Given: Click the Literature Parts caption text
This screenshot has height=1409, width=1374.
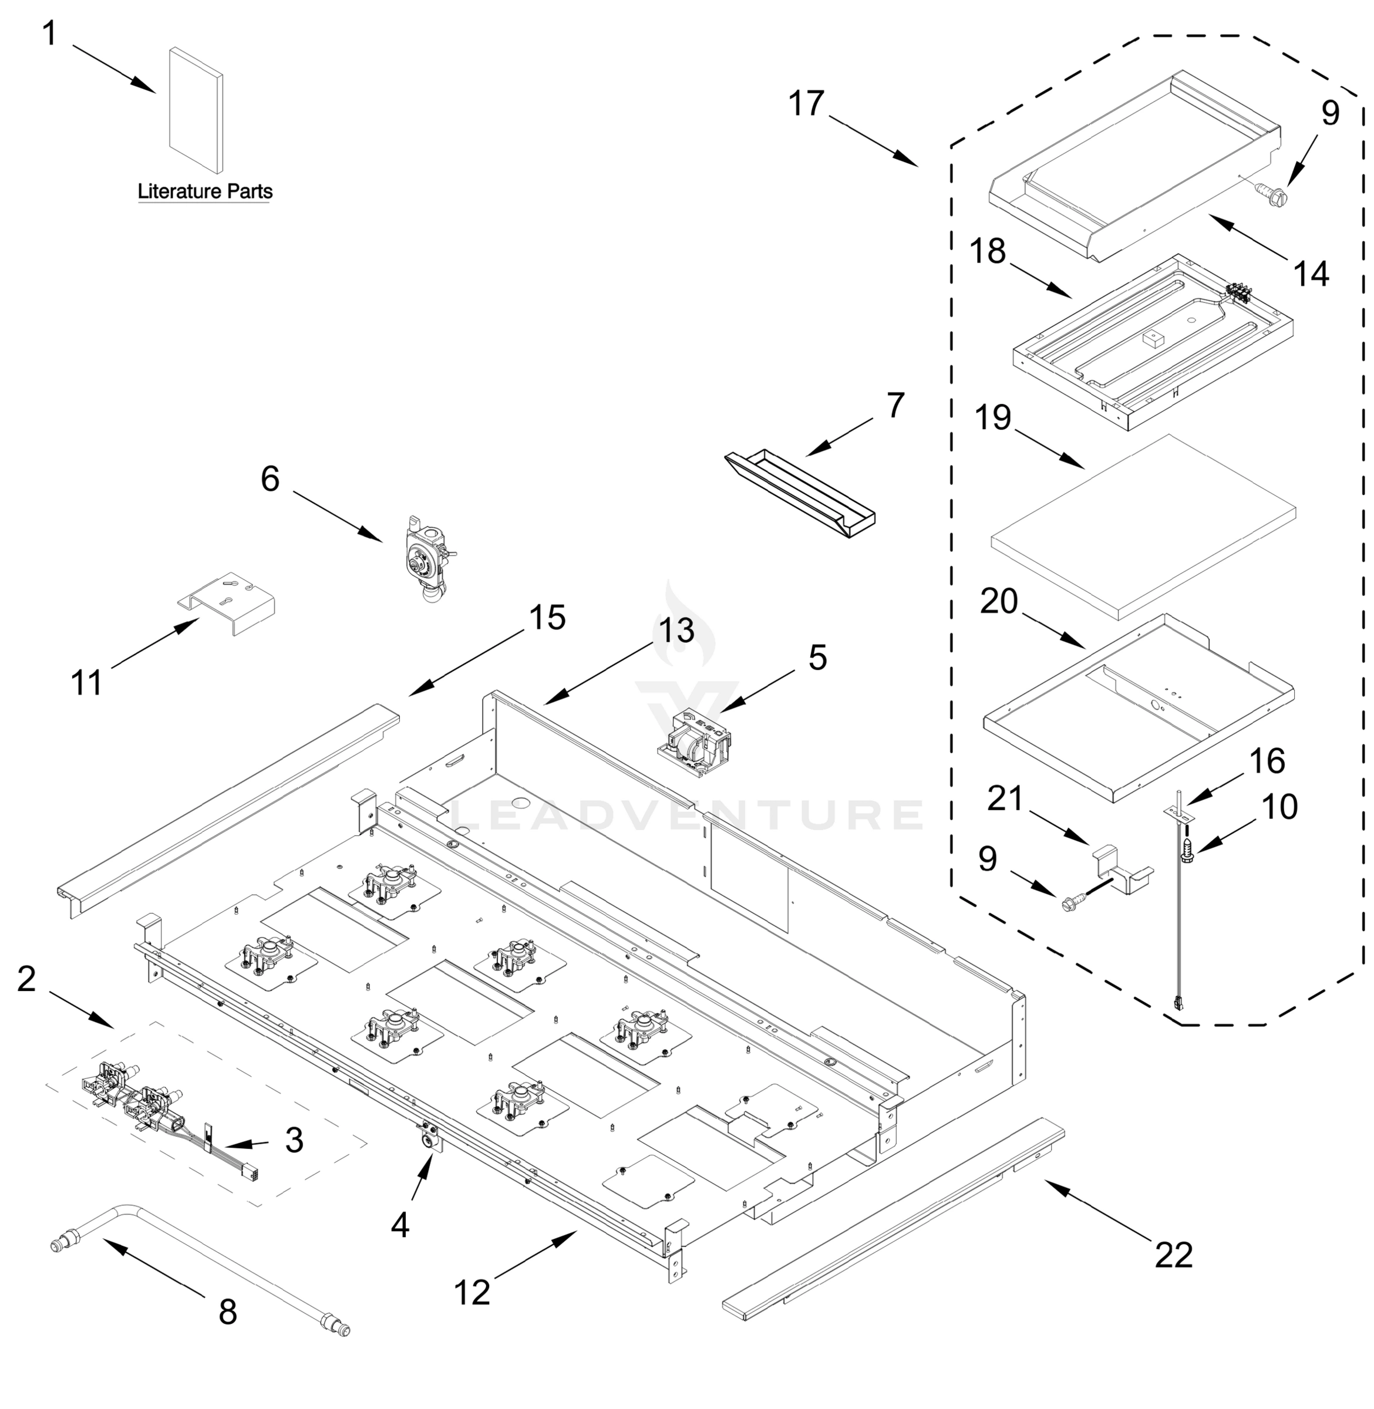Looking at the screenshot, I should pyautogui.click(x=205, y=191).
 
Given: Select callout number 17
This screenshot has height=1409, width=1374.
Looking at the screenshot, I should pyautogui.click(x=806, y=103).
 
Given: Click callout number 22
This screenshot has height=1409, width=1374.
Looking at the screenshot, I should pyautogui.click(x=1173, y=1255).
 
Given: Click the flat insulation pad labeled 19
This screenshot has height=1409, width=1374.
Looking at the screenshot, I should pyautogui.click(x=1144, y=527).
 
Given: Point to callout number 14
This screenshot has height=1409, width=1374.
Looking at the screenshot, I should pyautogui.click(x=1311, y=274).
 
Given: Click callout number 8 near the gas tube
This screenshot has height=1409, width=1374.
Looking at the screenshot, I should pyautogui.click(x=227, y=1311).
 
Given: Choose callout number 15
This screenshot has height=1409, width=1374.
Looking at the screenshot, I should pyautogui.click(x=547, y=618).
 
